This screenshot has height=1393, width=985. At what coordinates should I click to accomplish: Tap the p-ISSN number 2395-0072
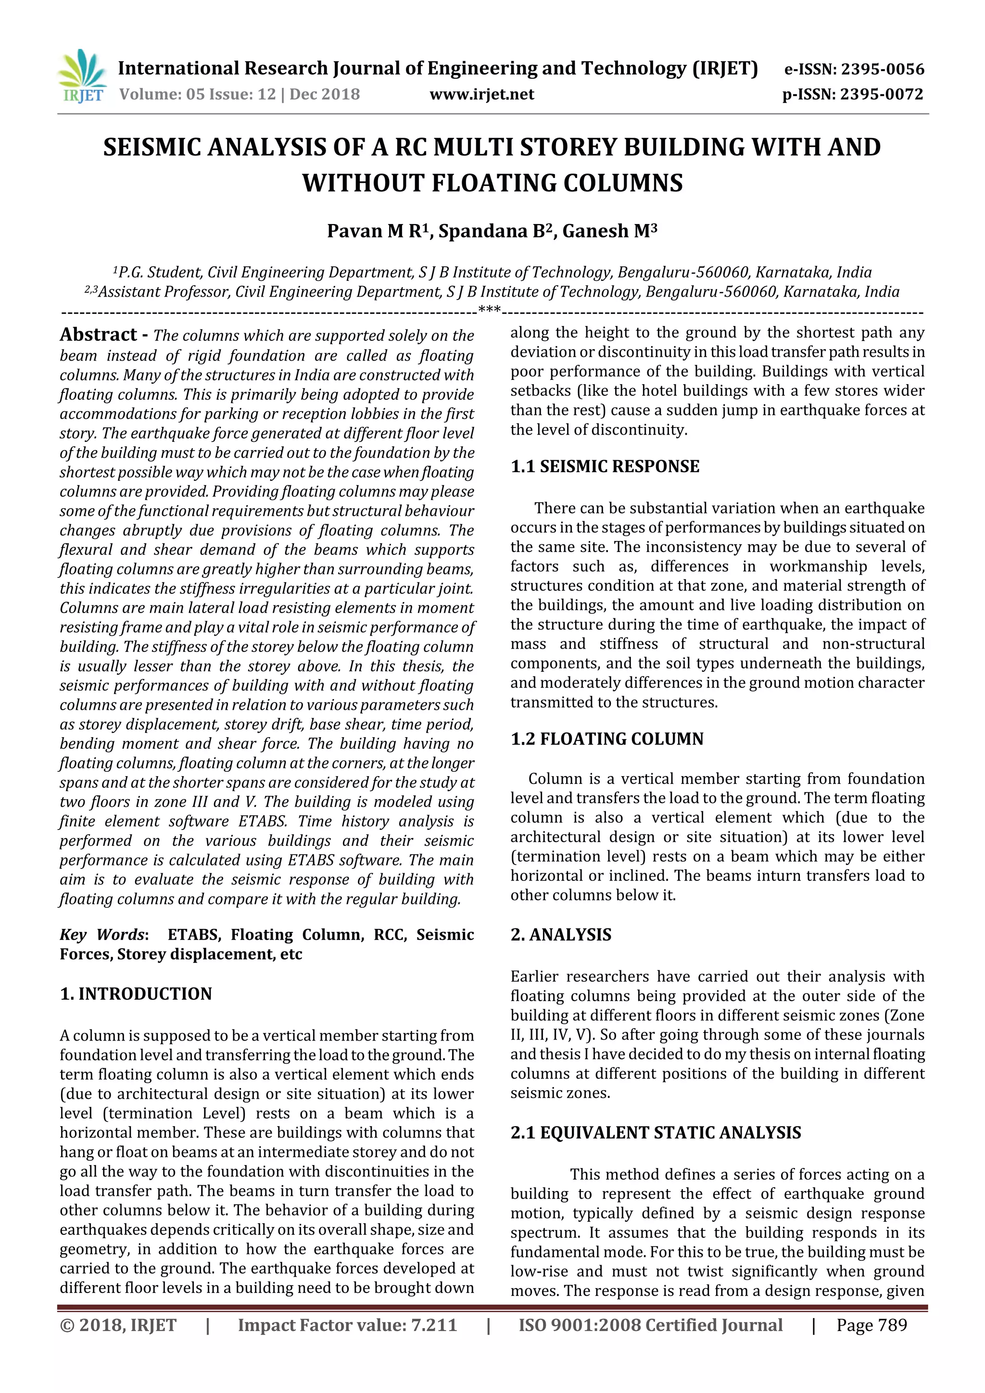click(x=881, y=95)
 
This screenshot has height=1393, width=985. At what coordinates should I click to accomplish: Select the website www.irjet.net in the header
click(x=481, y=95)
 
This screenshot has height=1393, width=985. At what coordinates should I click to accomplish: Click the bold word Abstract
click(x=98, y=335)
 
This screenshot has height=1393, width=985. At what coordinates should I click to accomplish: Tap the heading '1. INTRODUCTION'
click(x=136, y=994)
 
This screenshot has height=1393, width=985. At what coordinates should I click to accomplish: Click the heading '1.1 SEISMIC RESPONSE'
click(x=605, y=466)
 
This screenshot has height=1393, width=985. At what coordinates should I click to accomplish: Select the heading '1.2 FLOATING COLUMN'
click(x=607, y=739)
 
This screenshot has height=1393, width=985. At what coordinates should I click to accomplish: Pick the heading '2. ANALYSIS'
click(x=561, y=934)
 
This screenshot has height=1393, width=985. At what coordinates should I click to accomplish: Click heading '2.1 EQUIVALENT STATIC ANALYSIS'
click(x=656, y=1133)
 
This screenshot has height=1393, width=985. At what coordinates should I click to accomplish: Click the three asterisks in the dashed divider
click(x=490, y=311)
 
